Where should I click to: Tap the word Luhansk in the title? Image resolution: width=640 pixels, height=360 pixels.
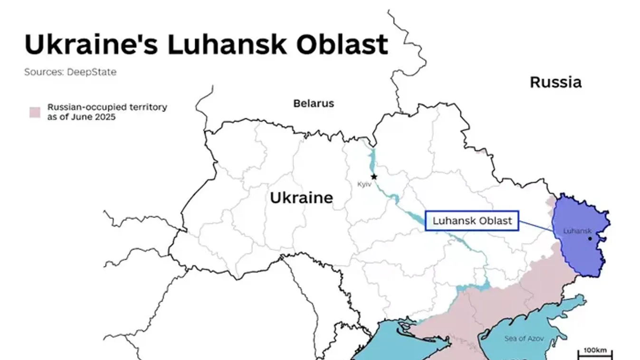pos(227,44)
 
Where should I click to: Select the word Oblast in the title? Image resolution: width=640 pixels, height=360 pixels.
pos(342,44)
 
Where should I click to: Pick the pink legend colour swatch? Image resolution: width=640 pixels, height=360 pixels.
pos(35,112)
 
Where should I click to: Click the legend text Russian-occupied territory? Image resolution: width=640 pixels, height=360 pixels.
pos(107,107)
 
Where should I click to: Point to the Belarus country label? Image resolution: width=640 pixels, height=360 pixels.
pos(314,103)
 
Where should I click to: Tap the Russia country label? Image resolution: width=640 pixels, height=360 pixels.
pos(555,82)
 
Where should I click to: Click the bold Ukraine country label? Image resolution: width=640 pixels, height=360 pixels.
pos(301,197)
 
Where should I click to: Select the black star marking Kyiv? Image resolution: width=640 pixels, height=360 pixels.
pos(374,177)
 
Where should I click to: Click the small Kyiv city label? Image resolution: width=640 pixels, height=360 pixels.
pos(364,184)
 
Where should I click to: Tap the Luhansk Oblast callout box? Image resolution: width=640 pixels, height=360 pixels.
pos(472,221)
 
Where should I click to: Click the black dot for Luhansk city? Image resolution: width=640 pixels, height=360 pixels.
pos(590,238)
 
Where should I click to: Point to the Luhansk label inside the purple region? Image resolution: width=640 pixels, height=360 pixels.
pos(577,231)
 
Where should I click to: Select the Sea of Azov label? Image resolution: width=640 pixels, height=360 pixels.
pos(524,339)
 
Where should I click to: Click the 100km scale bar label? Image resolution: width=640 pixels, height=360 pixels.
pos(595,350)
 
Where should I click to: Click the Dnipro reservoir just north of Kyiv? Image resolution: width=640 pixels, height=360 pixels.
pos(372,159)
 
